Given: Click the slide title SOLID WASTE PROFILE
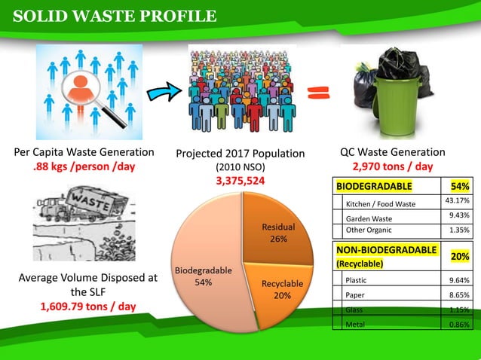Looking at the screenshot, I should pos(115,16).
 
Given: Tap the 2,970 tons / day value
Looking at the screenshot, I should pos(392,166).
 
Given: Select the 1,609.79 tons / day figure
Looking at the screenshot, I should pos(87,307).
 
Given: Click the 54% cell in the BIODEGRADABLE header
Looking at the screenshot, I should pos(459,186).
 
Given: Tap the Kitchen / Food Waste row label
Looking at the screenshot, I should pos(381,204).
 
